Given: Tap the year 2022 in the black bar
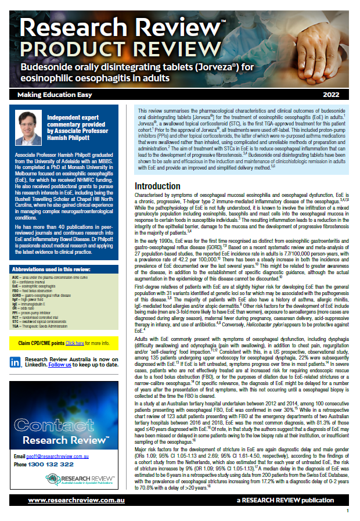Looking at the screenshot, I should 332,94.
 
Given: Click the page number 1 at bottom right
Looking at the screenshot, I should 348,511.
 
